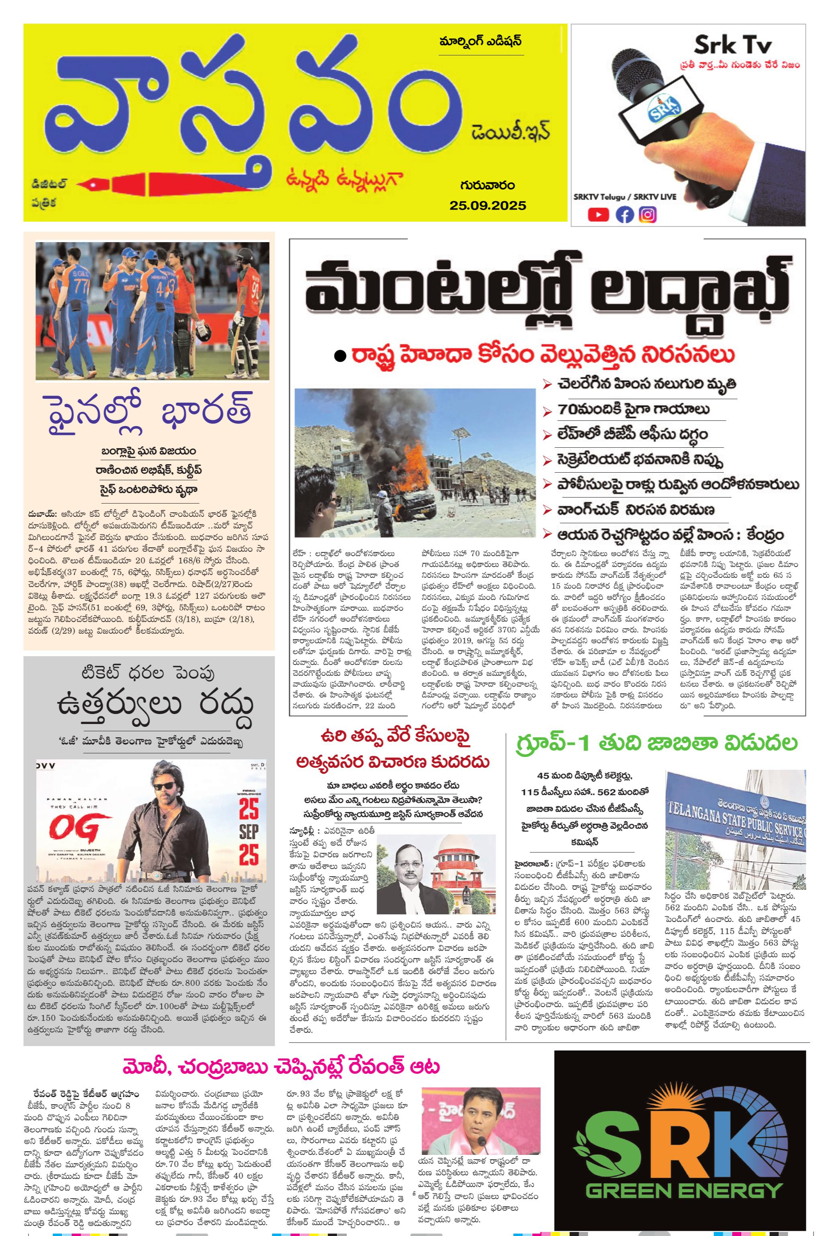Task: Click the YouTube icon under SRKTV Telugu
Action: click(598, 214)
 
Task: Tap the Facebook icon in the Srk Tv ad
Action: click(625, 214)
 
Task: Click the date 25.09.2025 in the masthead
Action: click(487, 205)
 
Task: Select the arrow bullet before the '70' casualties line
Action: click(547, 410)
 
